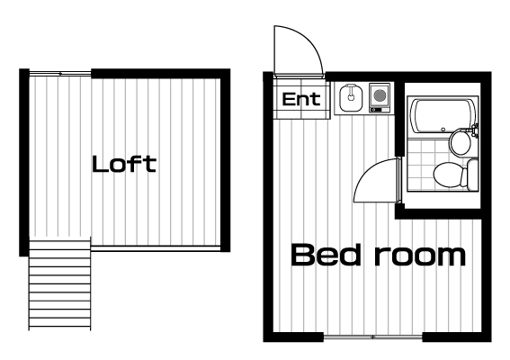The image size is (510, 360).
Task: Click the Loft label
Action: pyautogui.click(x=124, y=164)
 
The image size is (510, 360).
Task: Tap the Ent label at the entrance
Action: pyautogui.click(x=301, y=99)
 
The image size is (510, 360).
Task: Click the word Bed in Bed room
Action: pyautogui.click(x=326, y=255)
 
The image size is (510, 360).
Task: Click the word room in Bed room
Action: pyautogui.click(x=420, y=256)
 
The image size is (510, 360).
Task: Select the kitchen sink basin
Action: pyautogui.click(x=351, y=97)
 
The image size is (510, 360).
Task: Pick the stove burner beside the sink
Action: pyautogui.click(x=380, y=95)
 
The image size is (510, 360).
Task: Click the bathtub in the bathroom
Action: pyautogui.click(x=442, y=116)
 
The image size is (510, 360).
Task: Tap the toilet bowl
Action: pyautogui.click(x=447, y=175)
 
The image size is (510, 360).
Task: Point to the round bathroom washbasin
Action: pyautogui.click(x=461, y=142)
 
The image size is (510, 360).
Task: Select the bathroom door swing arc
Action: pyautogui.click(x=368, y=173)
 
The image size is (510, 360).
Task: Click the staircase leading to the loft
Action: pyautogui.click(x=60, y=283)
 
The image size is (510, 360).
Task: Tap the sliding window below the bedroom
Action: pyautogui.click(x=372, y=337)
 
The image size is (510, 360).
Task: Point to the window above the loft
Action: pyautogui.click(x=60, y=74)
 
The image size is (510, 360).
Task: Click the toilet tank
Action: pyautogui.click(x=472, y=175)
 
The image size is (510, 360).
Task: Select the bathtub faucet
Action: pyautogui.click(x=475, y=130)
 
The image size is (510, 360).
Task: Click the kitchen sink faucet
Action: pyautogui.click(x=351, y=93)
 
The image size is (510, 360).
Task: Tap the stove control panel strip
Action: pyautogui.click(x=380, y=110)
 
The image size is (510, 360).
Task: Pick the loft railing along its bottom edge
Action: pyautogui.click(x=156, y=249)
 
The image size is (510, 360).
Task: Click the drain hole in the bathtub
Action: pyautogui.click(x=443, y=130)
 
